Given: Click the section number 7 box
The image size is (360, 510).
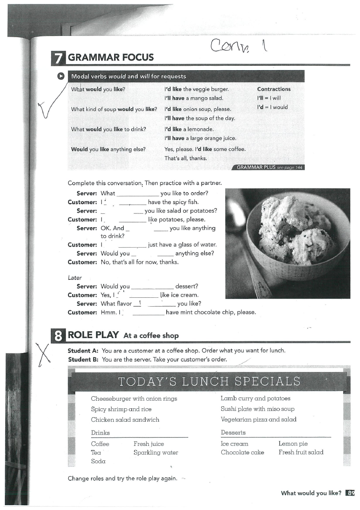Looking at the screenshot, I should coord(58,58).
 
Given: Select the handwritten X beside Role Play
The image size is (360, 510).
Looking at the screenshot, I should coord(44,354).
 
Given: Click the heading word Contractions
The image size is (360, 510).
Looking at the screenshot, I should coord(274,89).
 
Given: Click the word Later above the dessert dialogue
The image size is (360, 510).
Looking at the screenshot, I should coord(75,278).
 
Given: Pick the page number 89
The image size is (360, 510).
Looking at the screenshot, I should coord(351,493).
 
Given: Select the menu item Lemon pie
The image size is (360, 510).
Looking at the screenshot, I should coord(293,443).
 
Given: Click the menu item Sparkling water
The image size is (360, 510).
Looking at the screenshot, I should coord(156,452).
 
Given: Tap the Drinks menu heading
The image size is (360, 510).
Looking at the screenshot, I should coord(100,433).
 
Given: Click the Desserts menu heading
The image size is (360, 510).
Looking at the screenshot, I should coord(233,433).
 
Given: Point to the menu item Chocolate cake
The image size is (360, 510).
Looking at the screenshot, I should coord(242,452).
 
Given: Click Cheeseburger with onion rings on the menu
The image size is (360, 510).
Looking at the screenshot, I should coord(134,398).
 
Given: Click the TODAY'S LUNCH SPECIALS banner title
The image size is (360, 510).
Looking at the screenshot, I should coord(209,381).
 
